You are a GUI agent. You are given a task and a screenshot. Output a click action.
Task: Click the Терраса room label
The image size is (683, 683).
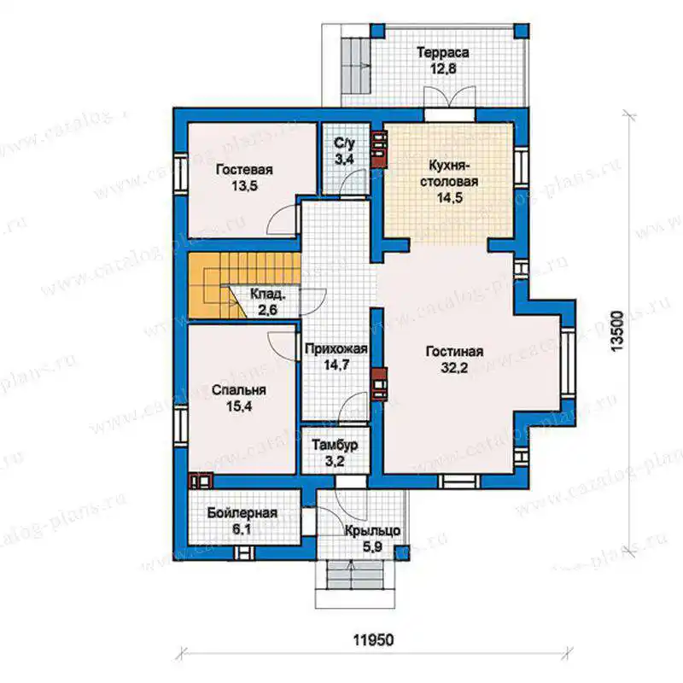click(x=443, y=53)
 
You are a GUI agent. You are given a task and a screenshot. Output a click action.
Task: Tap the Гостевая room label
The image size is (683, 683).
click(x=244, y=169)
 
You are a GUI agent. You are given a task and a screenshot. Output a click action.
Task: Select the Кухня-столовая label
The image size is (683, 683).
click(x=449, y=173)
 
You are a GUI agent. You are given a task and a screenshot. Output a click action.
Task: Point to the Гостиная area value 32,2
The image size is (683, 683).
click(x=454, y=368)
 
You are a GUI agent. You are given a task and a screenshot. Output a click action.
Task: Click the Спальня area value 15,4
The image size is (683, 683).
click(x=239, y=406)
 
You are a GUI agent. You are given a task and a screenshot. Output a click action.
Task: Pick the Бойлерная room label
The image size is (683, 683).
click(x=242, y=513)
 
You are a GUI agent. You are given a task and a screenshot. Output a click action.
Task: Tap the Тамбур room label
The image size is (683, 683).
click(x=335, y=445)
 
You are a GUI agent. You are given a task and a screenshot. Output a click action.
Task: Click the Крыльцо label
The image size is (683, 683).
click(x=372, y=531)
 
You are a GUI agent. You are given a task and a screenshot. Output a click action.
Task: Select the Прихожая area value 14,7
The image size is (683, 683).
click(x=336, y=365)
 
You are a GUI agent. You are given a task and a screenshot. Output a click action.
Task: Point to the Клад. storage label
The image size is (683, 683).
click(x=268, y=295)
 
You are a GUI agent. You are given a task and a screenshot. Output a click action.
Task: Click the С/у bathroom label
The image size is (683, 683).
click(x=345, y=143)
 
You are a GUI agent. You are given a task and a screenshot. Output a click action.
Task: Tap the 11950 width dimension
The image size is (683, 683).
click(x=373, y=640)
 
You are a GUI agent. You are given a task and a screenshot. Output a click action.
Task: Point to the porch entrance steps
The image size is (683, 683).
click(x=355, y=584)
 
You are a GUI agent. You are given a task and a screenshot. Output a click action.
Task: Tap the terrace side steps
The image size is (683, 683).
click(x=354, y=66)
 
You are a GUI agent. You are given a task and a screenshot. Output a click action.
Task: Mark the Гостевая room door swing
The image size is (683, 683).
click(x=283, y=220)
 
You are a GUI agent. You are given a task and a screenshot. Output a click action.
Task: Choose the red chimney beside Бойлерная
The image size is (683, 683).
click(x=201, y=481)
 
